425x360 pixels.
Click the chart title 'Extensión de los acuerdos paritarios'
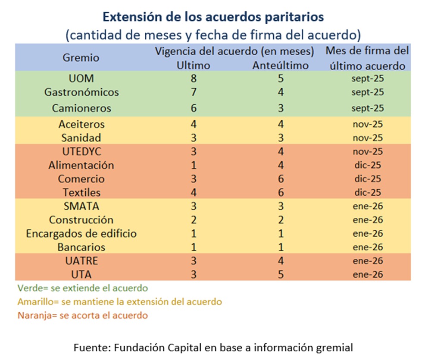point(213,17)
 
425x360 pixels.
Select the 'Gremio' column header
point(81,57)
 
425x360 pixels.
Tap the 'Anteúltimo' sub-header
point(281,66)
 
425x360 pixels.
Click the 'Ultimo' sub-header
point(194,66)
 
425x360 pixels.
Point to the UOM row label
point(81,78)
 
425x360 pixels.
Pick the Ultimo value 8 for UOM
point(194,78)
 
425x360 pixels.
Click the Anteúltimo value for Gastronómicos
point(281,92)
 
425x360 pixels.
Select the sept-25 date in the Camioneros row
point(367,108)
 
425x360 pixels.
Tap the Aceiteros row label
point(81,124)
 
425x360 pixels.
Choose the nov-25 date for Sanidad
point(367,138)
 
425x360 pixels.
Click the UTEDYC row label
point(81,151)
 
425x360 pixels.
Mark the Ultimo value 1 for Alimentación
point(194,165)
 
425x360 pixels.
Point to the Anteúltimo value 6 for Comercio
point(281,179)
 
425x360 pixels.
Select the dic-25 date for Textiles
point(367,192)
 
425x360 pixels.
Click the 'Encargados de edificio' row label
point(81,234)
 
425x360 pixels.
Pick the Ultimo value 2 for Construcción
point(194,220)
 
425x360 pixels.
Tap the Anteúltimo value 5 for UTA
point(281,274)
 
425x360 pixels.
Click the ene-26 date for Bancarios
point(367,247)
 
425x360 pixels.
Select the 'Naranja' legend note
point(83,316)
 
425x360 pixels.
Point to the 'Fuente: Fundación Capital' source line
point(213,347)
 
